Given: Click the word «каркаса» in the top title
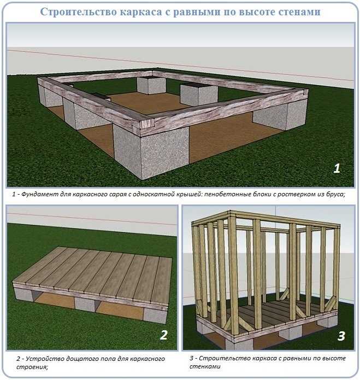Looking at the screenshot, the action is pos(140,12).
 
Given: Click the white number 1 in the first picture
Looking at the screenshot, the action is pos(337,168).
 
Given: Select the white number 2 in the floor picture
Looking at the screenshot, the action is pos(164,335).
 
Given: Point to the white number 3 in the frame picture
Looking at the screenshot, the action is pos(341,336).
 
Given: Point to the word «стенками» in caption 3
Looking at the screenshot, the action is pos(205,366).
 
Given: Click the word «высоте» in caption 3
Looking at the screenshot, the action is pos(334,358).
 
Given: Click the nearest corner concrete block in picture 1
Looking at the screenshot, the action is pos(151,153).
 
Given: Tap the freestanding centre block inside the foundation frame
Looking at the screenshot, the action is pos(199,95).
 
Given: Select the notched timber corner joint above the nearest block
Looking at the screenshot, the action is pos(147,125).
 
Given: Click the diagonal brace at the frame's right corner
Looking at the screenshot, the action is pos(330,303).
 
